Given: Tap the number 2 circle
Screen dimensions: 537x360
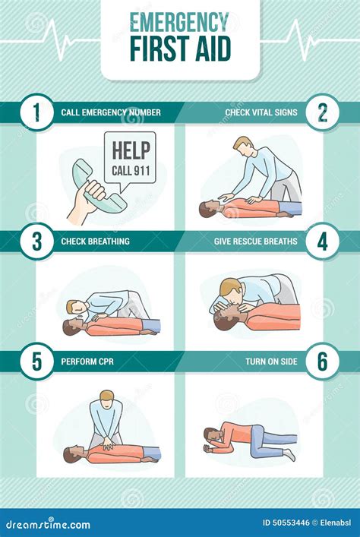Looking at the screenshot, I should (323, 112).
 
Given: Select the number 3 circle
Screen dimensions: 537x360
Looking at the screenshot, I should (36, 242).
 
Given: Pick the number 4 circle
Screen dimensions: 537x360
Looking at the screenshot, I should (323, 242).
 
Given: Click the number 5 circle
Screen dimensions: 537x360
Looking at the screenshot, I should (36, 362).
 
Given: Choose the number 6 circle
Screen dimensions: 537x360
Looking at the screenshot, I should (323, 362).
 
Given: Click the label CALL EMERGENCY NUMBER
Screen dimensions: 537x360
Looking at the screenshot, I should (111, 112).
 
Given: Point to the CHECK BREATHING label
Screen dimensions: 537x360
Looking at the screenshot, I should (95, 242).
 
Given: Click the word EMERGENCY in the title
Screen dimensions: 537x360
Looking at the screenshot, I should (180, 21).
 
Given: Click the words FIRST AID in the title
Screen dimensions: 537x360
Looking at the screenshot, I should (180, 48).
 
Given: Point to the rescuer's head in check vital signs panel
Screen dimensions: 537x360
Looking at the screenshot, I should (242, 144).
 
